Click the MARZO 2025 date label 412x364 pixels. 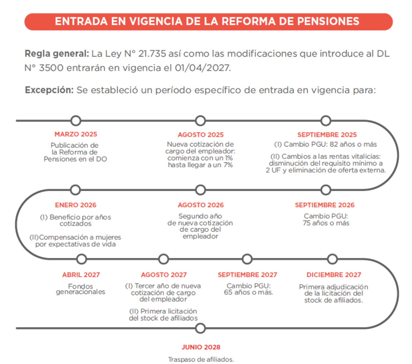[76, 134]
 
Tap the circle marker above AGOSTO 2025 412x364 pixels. [200, 121]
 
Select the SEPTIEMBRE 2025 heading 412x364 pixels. [327, 134]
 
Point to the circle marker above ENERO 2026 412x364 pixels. [75, 190]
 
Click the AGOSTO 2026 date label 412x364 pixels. [200, 205]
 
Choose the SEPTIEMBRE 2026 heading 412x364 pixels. [325, 205]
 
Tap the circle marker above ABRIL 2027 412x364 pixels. [81, 259]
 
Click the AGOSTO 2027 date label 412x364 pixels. [164, 275]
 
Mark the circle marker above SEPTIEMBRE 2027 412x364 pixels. [248, 259]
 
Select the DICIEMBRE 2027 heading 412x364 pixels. [334, 275]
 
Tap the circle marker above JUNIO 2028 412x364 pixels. [200, 328]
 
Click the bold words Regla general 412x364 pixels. [56, 54]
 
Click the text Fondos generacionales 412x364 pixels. [81, 289]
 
